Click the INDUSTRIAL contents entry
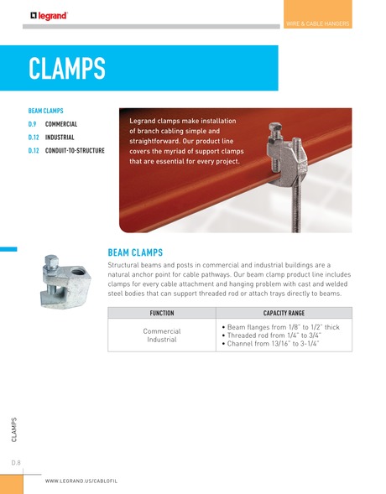click(x=60, y=138)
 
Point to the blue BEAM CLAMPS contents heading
click(x=46, y=110)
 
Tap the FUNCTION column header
click(x=161, y=313)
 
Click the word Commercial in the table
click(x=161, y=331)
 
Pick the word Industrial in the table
click(x=161, y=341)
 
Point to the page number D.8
click(x=15, y=462)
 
